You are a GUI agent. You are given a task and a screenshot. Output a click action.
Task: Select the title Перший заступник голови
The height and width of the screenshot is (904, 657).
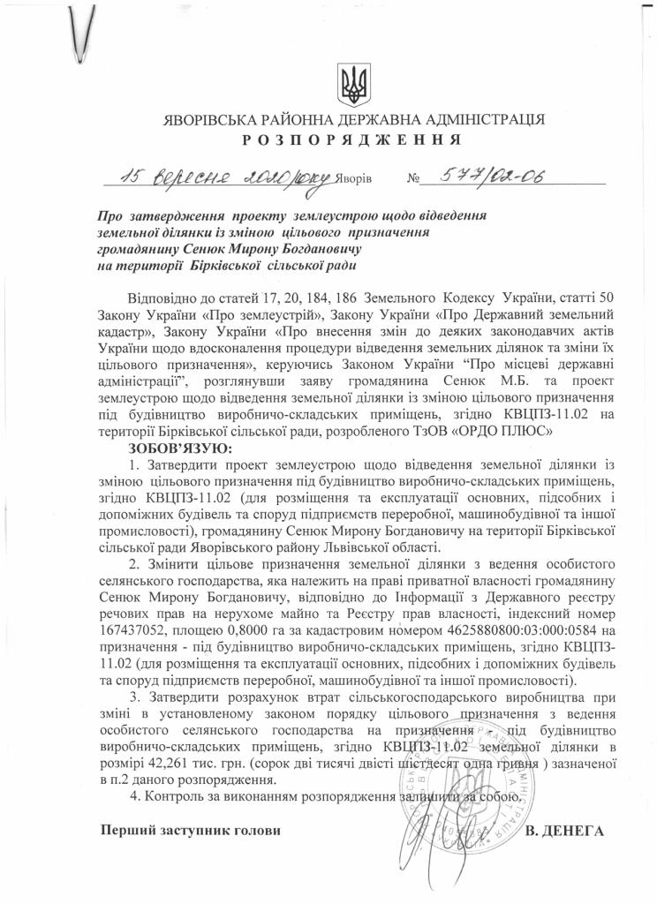coord(183,831)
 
